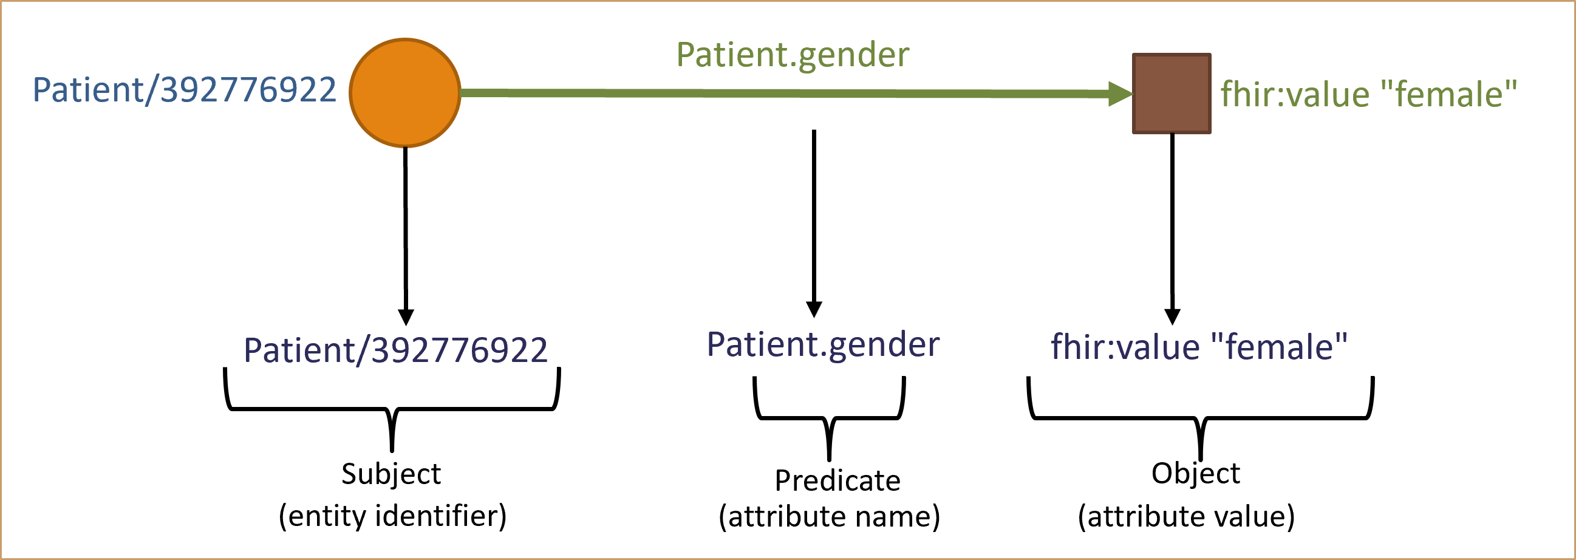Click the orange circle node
point(404,93)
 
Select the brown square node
point(1171,93)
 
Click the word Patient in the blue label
point(87,90)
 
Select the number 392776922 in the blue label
point(248,90)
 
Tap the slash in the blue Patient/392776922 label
point(151,90)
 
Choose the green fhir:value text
point(1295,95)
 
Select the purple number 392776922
point(460,350)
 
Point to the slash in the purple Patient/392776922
point(363,350)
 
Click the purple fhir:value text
point(1125,347)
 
